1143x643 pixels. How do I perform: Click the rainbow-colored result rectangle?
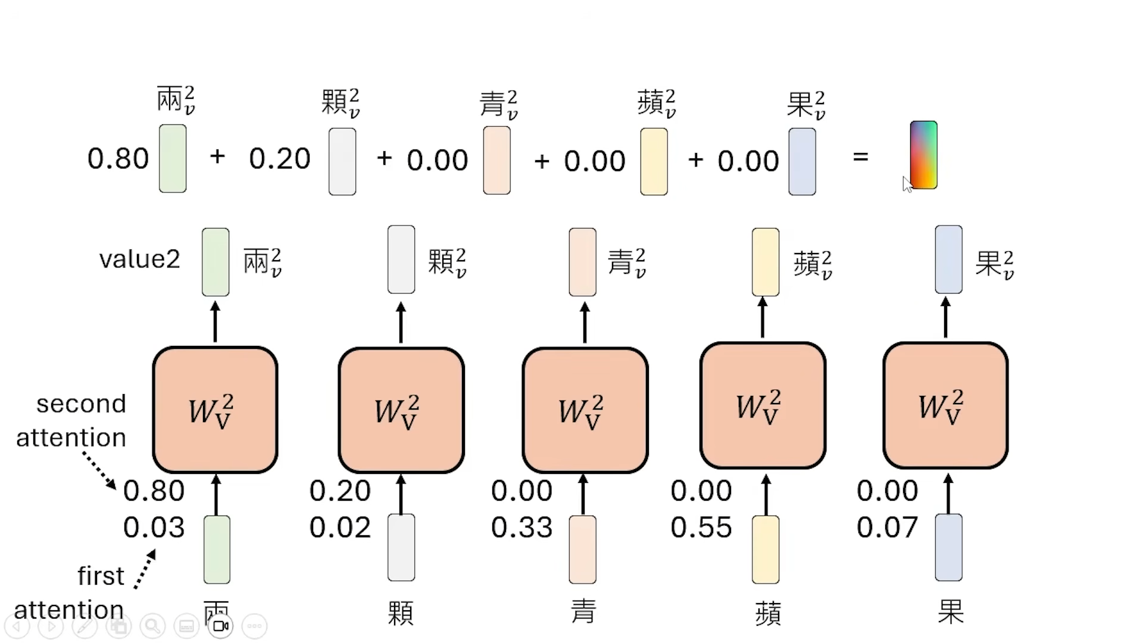(923, 155)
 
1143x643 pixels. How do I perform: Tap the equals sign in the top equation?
(860, 157)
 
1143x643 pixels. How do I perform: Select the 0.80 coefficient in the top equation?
(118, 159)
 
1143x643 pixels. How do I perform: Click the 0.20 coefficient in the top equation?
(280, 159)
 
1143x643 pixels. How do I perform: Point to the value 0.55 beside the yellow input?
(701, 527)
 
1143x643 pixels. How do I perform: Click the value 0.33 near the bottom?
(521, 527)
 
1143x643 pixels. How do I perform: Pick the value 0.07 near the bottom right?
(887, 527)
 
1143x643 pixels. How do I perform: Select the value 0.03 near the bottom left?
(154, 527)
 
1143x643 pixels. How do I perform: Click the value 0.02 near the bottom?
(339, 527)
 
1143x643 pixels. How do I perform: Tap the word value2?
(139, 260)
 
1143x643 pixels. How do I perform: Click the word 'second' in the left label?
(81, 404)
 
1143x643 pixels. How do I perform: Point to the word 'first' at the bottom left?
(101, 576)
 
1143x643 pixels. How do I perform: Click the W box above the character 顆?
(401, 410)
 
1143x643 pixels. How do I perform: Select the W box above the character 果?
(945, 405)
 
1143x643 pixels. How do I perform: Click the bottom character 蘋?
(767, 613)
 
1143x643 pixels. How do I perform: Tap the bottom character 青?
(583, 611)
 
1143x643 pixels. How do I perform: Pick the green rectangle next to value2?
(216, 262)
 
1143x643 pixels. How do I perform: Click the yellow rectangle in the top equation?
(654, 162)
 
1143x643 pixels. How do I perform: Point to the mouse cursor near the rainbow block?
(907, 184)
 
